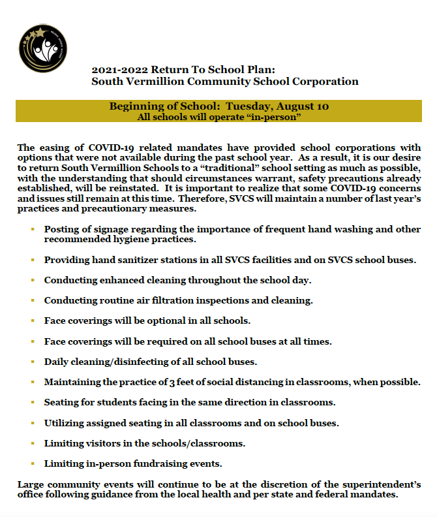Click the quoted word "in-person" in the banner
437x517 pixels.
(x=275, y=117)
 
